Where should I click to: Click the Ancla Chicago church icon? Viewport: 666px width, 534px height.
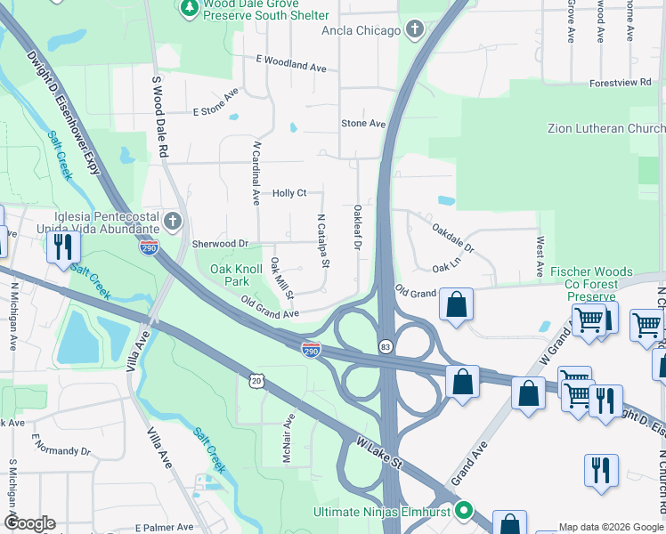tap(413, 30)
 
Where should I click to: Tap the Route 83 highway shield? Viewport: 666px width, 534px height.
tap(385, 345)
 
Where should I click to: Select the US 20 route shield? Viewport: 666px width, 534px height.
tap(256, 380)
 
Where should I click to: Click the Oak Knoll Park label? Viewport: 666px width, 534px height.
tap(236, 274)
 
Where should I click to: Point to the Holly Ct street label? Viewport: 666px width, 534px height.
tap(289, 193)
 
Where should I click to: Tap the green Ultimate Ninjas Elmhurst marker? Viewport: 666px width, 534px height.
tap(463, 511)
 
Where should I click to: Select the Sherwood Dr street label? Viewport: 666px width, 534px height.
tap(219, 244)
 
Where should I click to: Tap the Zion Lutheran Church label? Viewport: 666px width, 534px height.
tap(605, 129)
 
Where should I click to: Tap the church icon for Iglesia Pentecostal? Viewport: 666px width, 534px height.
tap(173, 220)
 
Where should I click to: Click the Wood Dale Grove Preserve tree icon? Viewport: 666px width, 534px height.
tap(189, 8)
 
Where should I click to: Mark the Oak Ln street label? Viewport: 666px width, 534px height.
tap(446, 267)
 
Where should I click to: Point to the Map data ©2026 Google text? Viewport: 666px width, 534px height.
tap(610, 527)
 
